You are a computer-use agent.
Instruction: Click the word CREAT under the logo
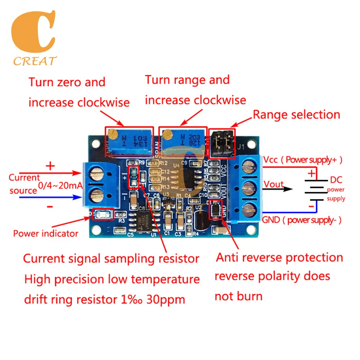pyautogui.click(x=35, y=61)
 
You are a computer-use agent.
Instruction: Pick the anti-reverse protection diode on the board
pyautogui.click(x=215, y=210)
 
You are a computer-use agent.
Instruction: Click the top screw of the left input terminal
pyautogui.click(x=96, y=175)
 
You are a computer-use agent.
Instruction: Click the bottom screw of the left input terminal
pyautogui.click(x=96, y=196)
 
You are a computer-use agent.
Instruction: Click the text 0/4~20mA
pyautogui.click(x=60, y=186)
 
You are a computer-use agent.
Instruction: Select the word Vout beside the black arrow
pyautogui.click(x=274, y=184)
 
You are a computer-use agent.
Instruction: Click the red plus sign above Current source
pyautogui.click(x=50, y=166)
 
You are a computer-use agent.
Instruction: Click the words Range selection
pyautogui.click(x=296, y=115)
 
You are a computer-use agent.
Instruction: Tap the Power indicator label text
pyautogui.click(x=46, y=233)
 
